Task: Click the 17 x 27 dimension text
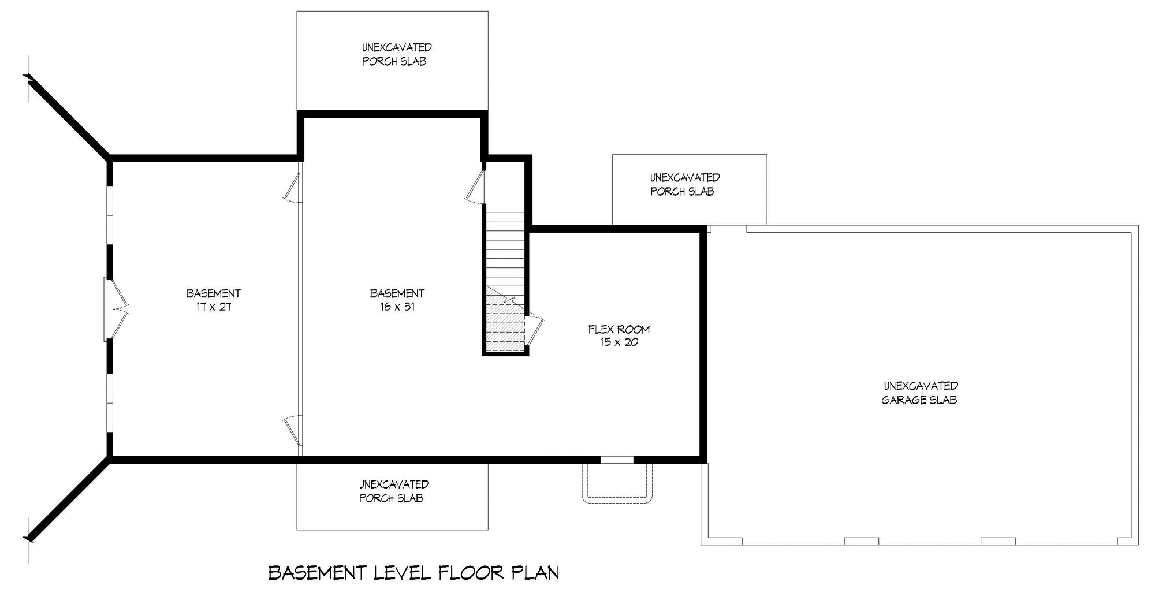(x=213, y=307)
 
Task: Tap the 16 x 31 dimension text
(x=397, y=307)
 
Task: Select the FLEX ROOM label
(x=619, y=330)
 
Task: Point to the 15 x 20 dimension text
(x=619, y=342)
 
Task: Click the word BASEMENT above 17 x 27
(x=213, y=293)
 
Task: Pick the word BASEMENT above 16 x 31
(x=397, y=293)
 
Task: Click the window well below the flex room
(x=618, y=482)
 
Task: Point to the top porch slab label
(x=396, y=54)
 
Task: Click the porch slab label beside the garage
(x=684, y=184)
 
